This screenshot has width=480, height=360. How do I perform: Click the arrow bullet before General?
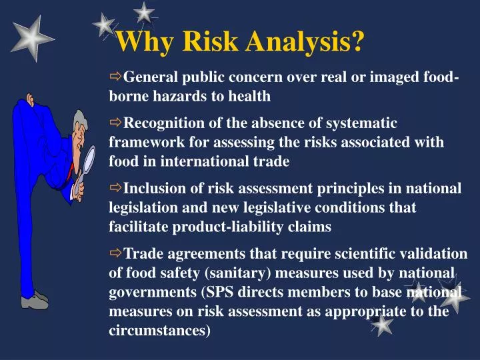coord(116,77)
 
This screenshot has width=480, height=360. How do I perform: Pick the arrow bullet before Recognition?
coord(116,123)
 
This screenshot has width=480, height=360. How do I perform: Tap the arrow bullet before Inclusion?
coord(116,188)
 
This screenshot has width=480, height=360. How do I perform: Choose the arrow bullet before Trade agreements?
coord(116,253)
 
